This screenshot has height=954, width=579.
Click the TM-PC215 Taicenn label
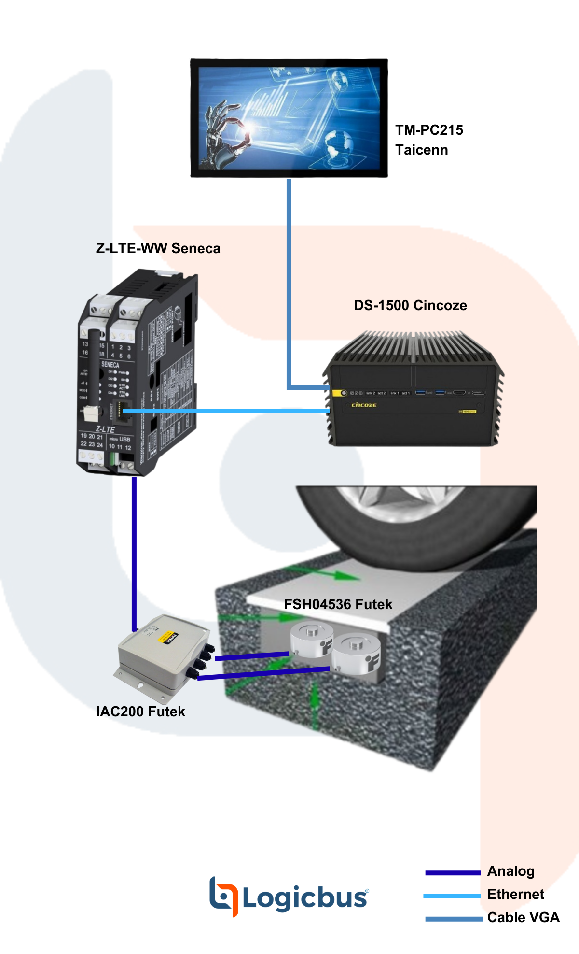tap(429, 140)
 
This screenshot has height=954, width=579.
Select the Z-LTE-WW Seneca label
tap(158, 248)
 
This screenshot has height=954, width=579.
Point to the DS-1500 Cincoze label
tap(410, 305)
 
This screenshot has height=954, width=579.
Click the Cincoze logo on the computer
tap(364, 405)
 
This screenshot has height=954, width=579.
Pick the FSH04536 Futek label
tap(338, 604)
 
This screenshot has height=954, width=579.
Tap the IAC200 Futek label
tap(140, 712)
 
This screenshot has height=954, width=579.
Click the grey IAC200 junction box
tap(159, 657)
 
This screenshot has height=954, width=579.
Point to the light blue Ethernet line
tap(227, 411)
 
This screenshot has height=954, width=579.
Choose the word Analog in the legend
tap(511, 871)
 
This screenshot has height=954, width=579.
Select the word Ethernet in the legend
tap(515, 894)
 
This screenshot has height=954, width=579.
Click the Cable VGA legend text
tap(523, 917)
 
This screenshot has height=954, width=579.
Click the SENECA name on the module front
tap(110, 365)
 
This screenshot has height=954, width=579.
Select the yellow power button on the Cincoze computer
tap(344, 393)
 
